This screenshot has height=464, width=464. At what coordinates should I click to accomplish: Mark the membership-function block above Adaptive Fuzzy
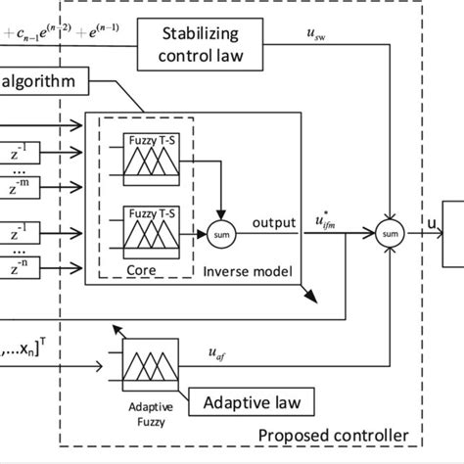click(149, 369)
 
